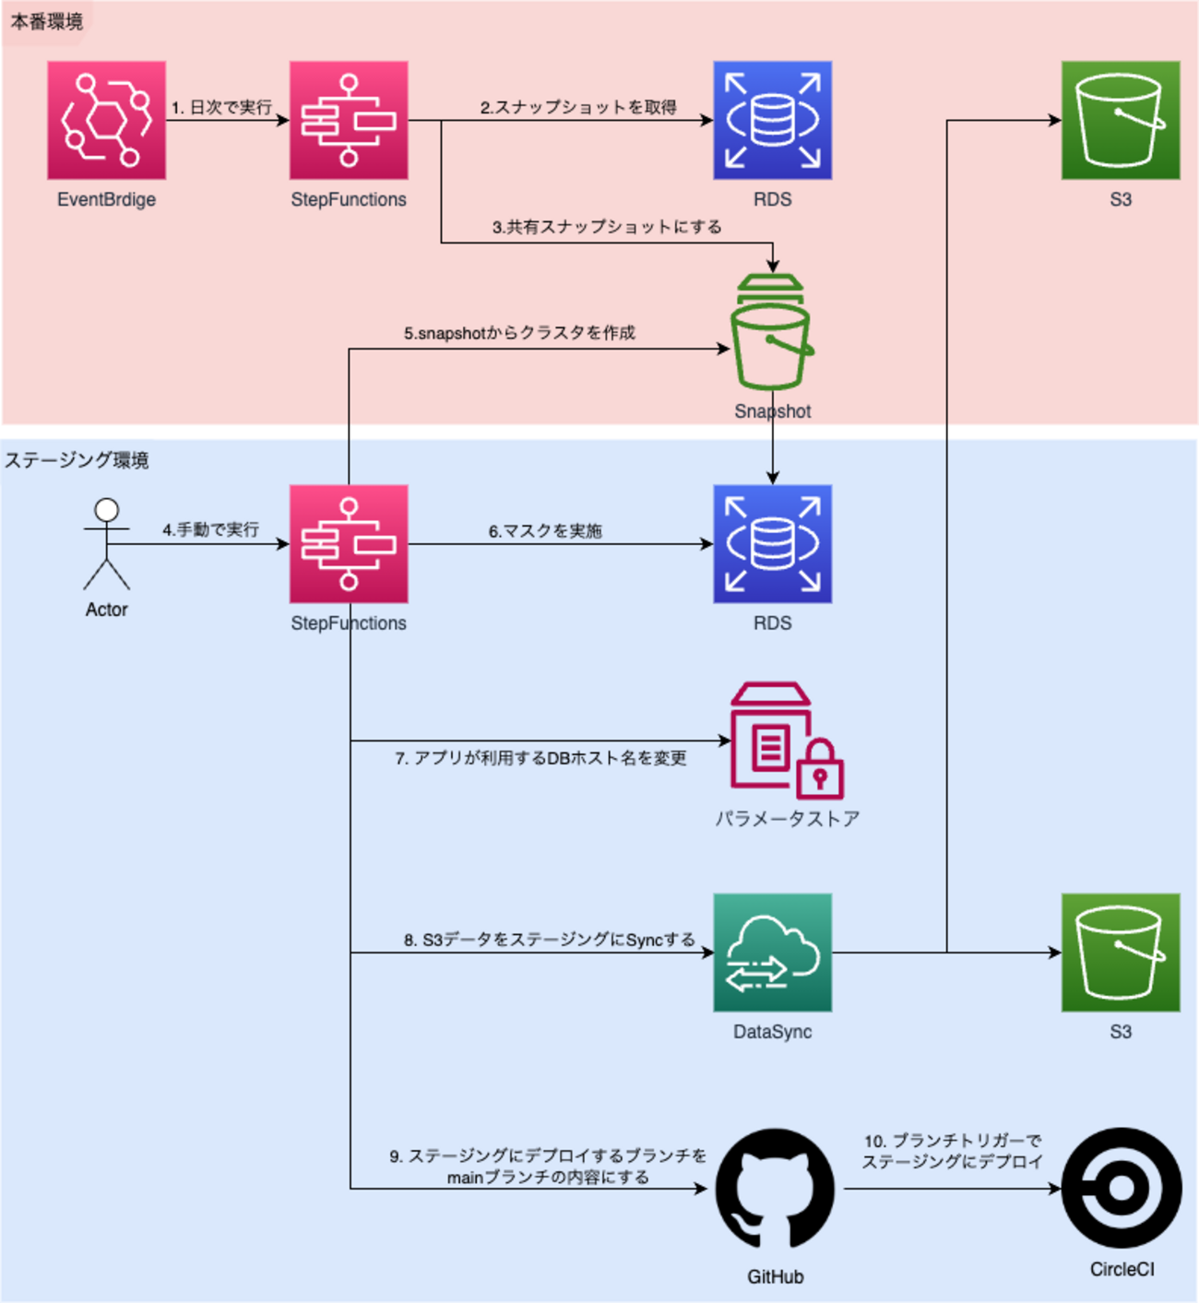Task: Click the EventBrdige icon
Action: click(x=106, y=120)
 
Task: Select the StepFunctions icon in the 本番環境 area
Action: click(x=349, y=120)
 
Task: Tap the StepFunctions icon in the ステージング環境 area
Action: click(x=349, y=544)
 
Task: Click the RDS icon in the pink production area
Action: click(x=772, y=120)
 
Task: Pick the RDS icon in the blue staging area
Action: click(x=772, y=544)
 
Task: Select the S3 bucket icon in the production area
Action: click(x=1121, y=120)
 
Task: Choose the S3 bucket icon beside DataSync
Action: click(x=1121, y=952)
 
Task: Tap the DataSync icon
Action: click(x=772, y=952)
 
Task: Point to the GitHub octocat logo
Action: click(x=775, y=1190)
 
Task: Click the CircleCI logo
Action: click(x=1121, y=1188)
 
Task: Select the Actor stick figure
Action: click(x=107, y=544)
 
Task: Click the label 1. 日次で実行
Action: click(x=221, y=108)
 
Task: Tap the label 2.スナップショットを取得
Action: click(x=578, y=108)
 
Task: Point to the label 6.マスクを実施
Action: click(x=545, y=531)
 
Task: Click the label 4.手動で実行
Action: click(x=211, y=530)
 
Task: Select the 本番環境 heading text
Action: click(x=46, y=21)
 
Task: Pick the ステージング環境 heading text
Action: click(x=77, y=460)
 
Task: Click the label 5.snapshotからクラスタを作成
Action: click(x=519, y=333)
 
